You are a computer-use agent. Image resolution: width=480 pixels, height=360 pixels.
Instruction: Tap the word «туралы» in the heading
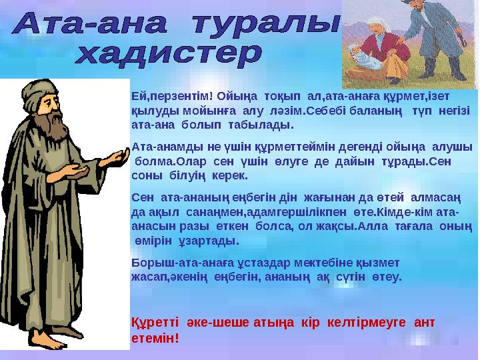[267, 25]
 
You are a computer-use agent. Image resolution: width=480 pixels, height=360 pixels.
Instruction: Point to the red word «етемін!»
[155, 337]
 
